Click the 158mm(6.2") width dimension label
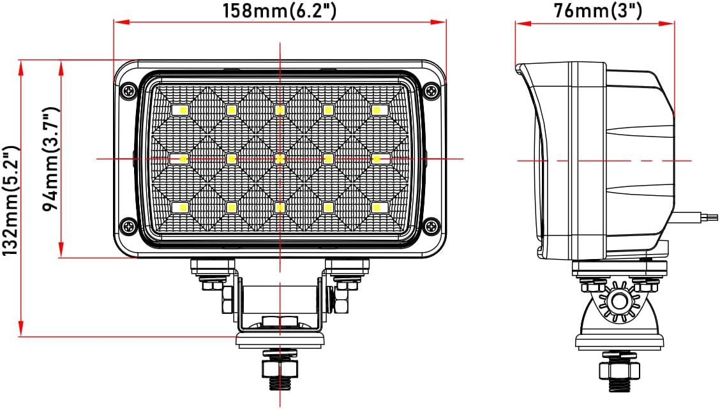[279, 10]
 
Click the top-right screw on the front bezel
[432, 91]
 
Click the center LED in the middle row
[280, 158]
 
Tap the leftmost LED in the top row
[182, 110]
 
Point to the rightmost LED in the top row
[377, 110]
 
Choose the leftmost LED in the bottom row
[182, 207]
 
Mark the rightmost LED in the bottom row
[377, 207]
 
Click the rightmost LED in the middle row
[377, 158]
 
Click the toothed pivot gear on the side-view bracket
[618, 301]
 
